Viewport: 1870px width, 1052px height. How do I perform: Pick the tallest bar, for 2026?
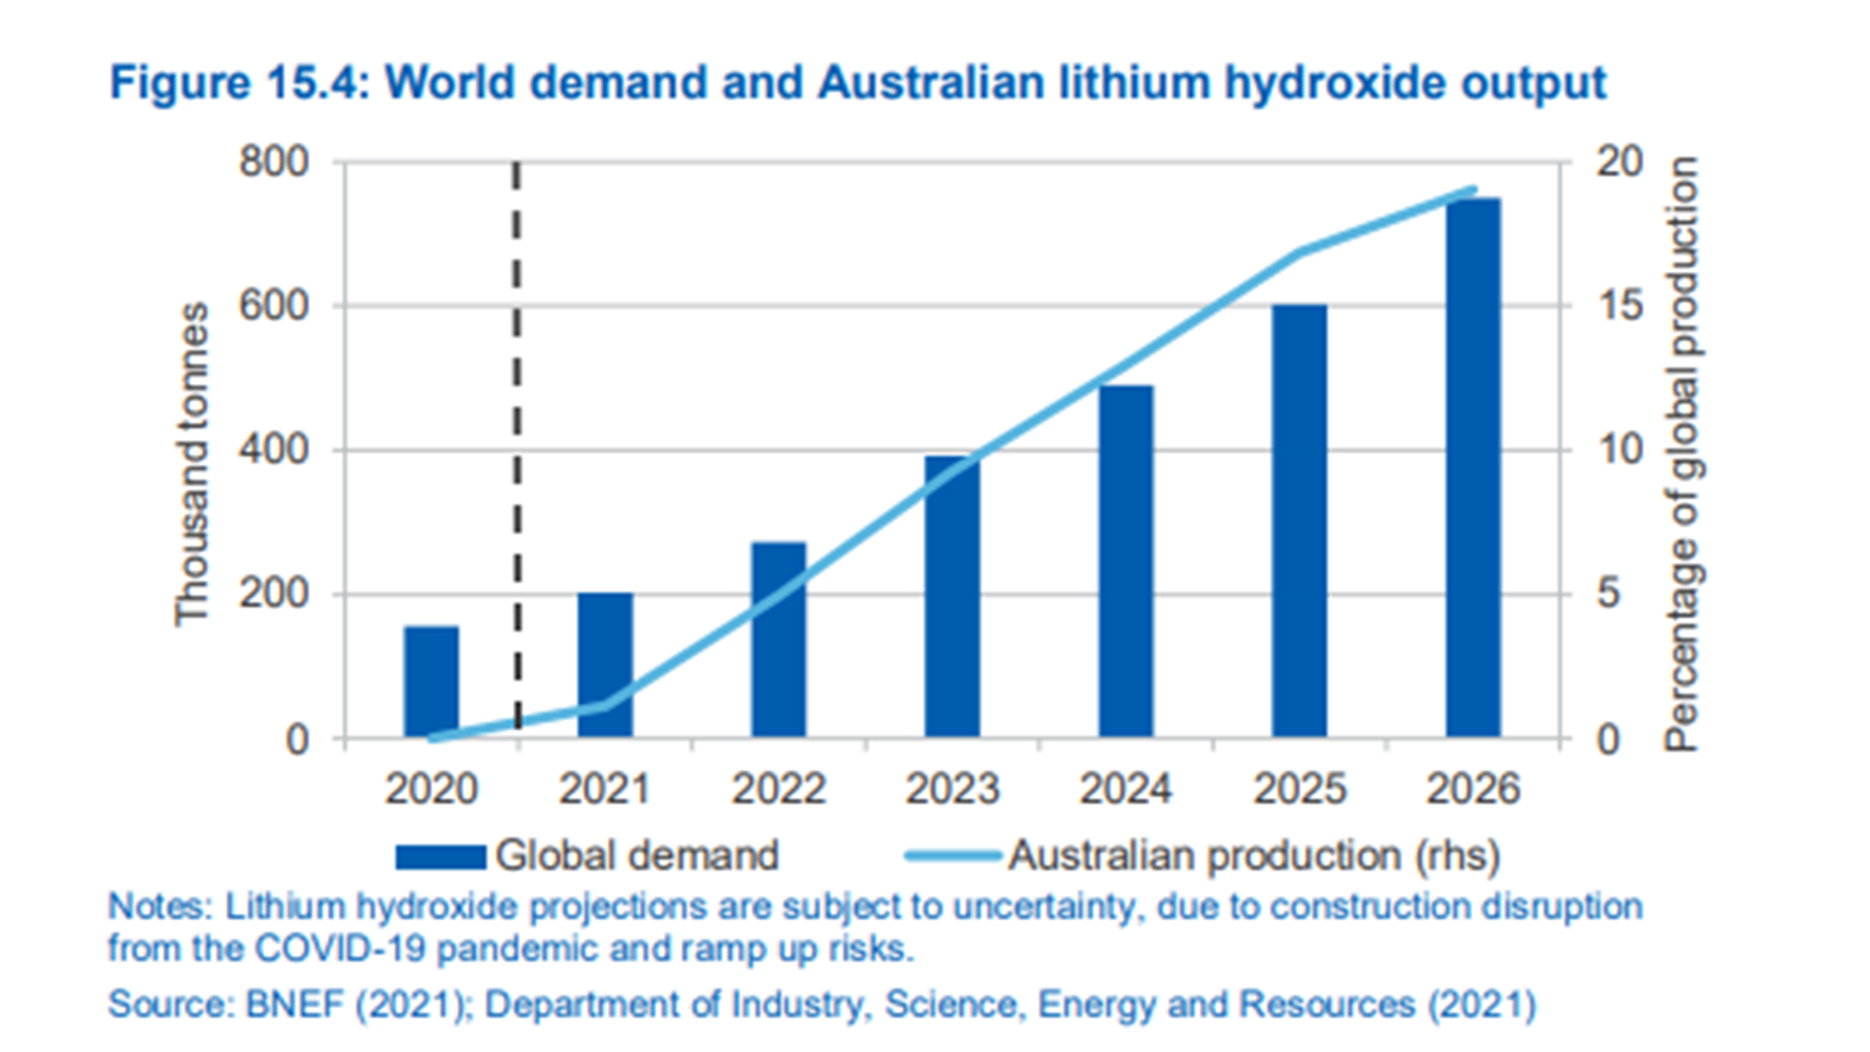point(1473,468)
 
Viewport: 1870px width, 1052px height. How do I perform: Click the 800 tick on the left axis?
point(274,162)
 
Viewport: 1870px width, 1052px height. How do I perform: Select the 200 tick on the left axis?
point(274,593)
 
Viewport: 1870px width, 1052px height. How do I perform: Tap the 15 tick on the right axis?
point(1619,306)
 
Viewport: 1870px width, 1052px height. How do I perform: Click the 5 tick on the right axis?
point(1608,593)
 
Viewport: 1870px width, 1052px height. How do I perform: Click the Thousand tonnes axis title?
point(192,464)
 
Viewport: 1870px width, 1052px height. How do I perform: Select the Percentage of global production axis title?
point(1682,454)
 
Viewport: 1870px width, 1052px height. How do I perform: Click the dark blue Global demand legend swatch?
point(440,856)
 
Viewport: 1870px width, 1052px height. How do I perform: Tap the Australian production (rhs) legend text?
point(1253,856)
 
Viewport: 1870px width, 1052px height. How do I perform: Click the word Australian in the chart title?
point(931,83)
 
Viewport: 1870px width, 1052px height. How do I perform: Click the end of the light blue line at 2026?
point(1475,190)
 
